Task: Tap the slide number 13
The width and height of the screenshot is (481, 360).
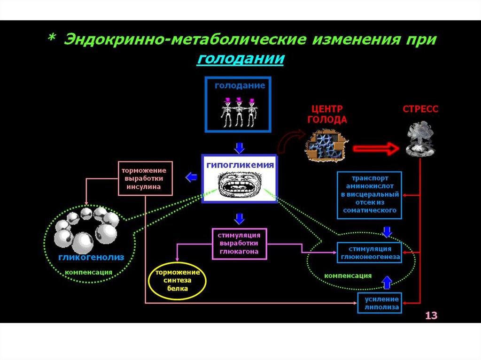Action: (431, 315)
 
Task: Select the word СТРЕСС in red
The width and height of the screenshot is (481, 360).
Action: (420, 109)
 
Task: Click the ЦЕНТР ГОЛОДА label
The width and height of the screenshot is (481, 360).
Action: (327, 114)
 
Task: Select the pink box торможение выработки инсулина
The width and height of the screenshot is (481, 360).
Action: (145, 178)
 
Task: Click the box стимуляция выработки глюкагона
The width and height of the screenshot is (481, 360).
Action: (239, 243)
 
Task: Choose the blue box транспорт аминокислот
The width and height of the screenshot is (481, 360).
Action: (370, 195)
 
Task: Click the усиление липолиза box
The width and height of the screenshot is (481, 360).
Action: (380, 303)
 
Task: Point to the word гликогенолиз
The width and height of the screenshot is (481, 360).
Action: (91, 258)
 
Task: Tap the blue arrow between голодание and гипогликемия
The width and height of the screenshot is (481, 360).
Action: (240, 148)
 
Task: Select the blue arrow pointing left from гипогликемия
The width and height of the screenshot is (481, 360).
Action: (191, 177)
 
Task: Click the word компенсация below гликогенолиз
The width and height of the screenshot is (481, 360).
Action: (88, 272)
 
